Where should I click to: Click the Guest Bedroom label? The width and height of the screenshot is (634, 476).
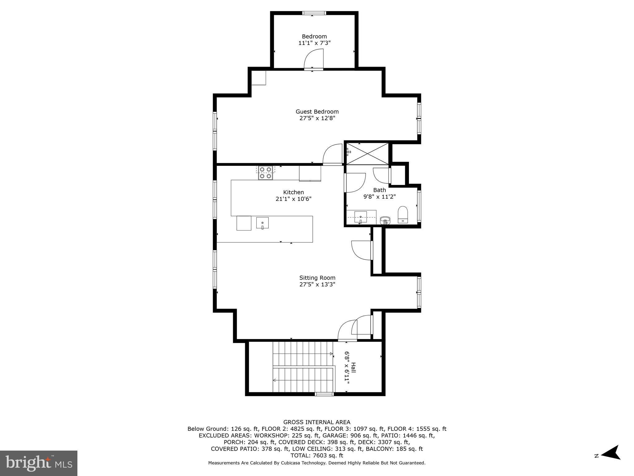317,112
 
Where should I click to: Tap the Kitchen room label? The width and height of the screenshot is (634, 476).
293,192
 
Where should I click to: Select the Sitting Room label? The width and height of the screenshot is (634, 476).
317,278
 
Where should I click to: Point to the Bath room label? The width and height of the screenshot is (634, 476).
380,190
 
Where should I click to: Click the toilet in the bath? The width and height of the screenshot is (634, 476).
403,214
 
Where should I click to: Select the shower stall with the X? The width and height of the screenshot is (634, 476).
367,153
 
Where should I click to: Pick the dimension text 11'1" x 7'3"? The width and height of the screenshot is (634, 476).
315,43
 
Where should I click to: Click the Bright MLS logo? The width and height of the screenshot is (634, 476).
39,463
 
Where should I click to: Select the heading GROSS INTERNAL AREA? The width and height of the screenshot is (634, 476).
317,422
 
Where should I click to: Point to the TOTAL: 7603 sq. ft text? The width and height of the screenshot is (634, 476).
317,456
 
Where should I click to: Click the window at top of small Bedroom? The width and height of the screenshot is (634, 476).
314,13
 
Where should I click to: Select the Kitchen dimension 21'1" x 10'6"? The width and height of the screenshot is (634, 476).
293,199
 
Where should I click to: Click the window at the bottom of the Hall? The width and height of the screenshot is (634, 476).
324,394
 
